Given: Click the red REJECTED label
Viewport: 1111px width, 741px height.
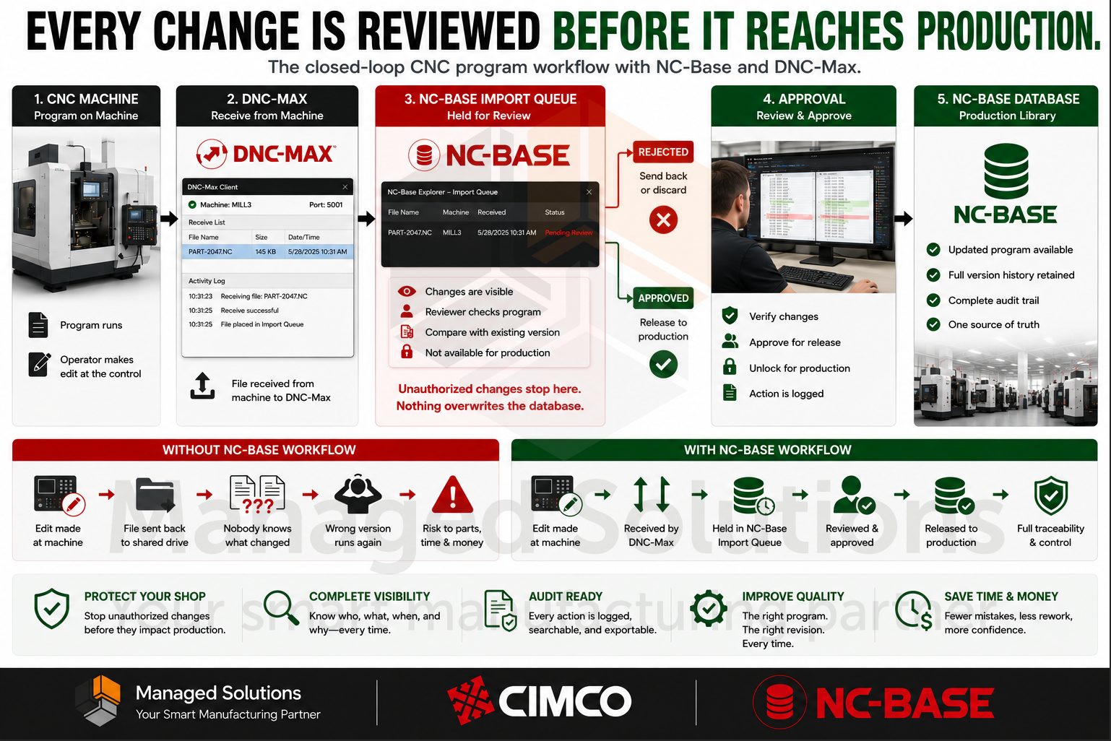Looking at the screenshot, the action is [663, 152].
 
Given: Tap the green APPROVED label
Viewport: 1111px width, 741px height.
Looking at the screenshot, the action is [663, 298].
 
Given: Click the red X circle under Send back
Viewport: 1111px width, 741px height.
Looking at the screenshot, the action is [663, 220].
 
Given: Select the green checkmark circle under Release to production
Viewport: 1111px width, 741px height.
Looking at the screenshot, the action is [663, 365].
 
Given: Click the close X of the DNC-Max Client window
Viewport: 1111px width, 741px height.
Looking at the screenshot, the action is [345, 187].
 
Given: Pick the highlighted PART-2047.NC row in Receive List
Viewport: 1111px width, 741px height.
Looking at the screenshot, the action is [268, 251].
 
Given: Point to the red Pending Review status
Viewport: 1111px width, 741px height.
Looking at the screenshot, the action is [569, 233].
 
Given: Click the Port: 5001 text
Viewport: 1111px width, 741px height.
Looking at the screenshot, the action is [326, 204].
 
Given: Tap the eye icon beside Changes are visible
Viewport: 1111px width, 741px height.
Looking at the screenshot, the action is [407, 292].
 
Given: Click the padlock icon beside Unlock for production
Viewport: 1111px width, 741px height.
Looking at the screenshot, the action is [730, 367].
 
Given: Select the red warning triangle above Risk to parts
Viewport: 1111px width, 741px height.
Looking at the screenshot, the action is [452, 495].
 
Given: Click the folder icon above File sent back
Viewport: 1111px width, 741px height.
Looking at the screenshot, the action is [155, 495].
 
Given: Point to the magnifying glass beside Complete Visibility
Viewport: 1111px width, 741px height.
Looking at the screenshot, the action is [281, 607].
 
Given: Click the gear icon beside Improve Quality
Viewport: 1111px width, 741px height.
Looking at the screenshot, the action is [709, 608].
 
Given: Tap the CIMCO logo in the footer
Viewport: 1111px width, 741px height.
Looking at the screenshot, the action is [539, 701].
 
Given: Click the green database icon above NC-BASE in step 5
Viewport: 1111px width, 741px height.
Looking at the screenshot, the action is [1006, 171].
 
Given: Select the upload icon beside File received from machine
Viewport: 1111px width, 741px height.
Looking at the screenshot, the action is [202, 386].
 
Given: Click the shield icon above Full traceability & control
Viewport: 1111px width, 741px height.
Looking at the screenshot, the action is [1050, 495].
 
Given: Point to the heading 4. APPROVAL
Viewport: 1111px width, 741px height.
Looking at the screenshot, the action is [804, 99].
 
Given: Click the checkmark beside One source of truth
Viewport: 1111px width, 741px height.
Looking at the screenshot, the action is [933, 324].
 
